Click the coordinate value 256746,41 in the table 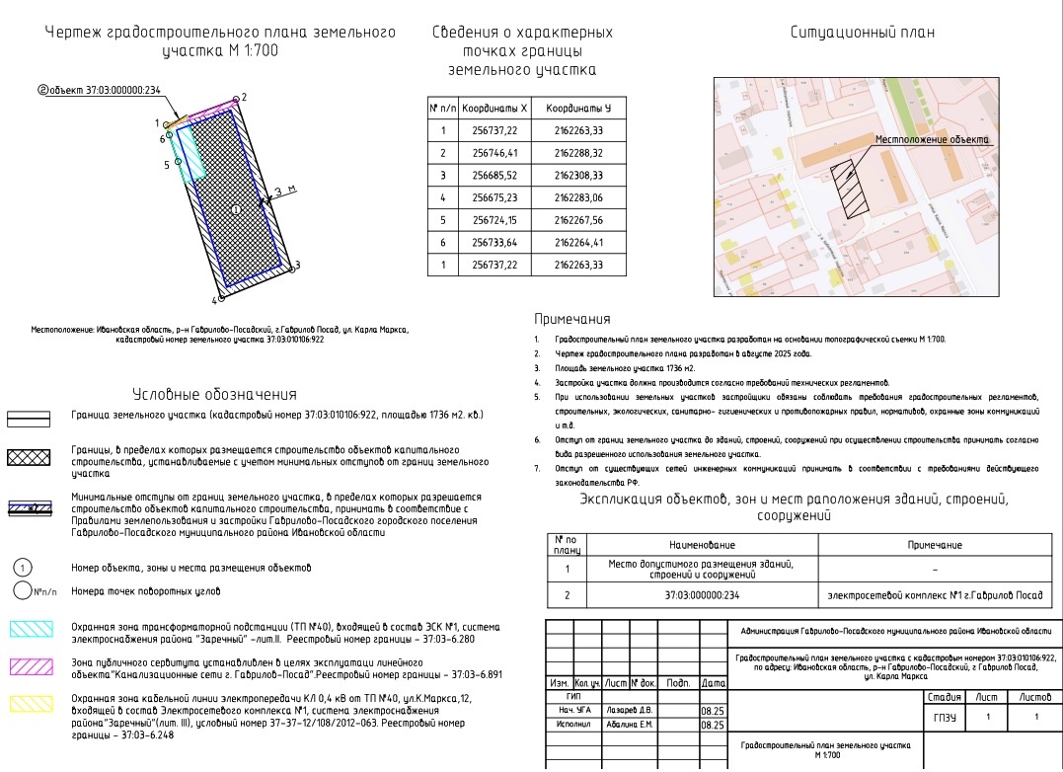(x=494, y=153)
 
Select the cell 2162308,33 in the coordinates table (x=578, y=176)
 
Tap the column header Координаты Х (x=494, y=108)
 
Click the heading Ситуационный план (x=863, y=32)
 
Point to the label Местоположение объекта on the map (x=932, y=140)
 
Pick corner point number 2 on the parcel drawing (x=236, y=99)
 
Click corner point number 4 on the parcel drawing (x=221, y=295)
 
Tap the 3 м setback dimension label (x=284, y=191)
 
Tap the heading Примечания (x=572, y=319)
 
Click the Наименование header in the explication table (x=703, y=545)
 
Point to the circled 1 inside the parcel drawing (x=235, y=209)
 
